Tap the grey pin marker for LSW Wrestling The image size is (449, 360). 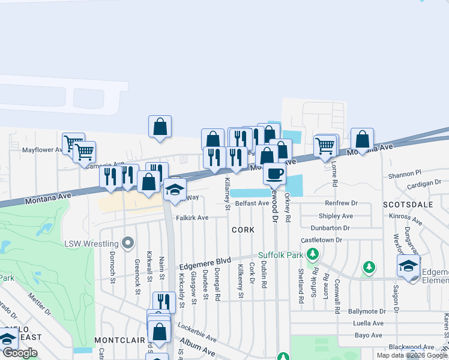coord(127,243)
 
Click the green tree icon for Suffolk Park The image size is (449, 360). coord(312,256)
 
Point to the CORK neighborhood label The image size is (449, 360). coord(243,230)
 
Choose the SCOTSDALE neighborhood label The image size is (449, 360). coord(408,205)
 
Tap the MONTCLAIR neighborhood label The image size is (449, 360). coord(119,340)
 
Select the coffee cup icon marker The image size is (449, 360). coord(274,174)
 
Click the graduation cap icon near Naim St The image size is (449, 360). coord(175,190)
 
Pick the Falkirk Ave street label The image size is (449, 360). coord(192,218)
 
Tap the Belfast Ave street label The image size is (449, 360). coord(252,203)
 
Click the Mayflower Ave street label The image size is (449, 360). coord(43,150)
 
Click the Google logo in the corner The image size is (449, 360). coord(20,353)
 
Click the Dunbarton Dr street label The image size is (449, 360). coord(330,228)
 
